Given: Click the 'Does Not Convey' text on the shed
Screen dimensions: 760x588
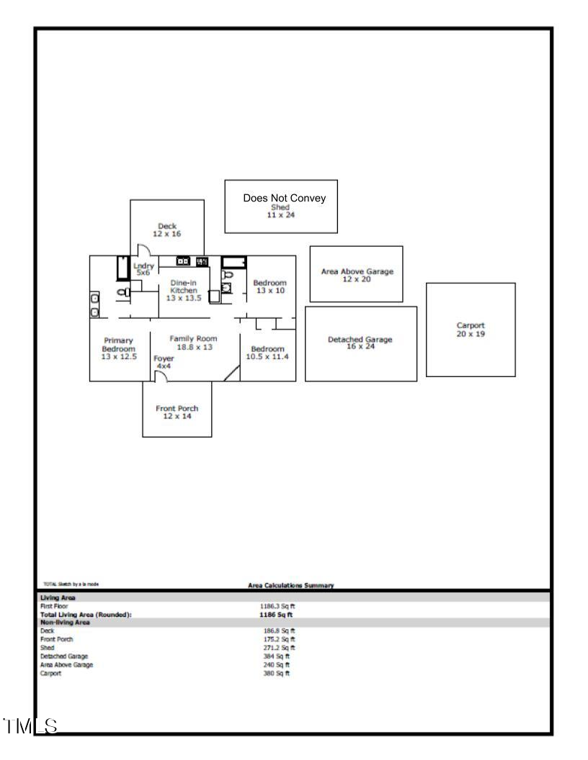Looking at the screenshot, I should [x=285, y=198].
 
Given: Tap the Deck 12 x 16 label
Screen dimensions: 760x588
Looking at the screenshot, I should [x=166, y=230].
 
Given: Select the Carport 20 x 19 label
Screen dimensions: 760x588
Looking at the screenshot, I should [x=471, y=330].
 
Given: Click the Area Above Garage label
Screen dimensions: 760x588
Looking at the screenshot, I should [x=357, y=275].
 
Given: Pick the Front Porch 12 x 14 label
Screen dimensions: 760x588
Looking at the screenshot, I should [x=177, y=412].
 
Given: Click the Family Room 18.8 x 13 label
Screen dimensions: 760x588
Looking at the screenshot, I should [x=192, y=342].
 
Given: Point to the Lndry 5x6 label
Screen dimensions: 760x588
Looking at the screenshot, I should [x=144, y=269].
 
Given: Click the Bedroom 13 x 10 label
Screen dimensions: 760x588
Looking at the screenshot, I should [x=269, y=286].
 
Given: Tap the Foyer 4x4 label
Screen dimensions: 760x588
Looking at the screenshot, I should [x=164, y=362].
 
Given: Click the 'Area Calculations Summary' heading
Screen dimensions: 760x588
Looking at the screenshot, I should [x=290, y=585].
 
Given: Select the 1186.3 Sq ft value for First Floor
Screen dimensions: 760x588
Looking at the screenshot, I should [x=277, y=606].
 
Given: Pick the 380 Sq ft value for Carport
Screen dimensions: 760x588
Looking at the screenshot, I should [x=277, y=673].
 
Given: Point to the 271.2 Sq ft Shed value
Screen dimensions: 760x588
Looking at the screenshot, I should [x=278, y=647].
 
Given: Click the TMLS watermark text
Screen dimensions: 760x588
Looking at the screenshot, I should [x=30, y=725].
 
